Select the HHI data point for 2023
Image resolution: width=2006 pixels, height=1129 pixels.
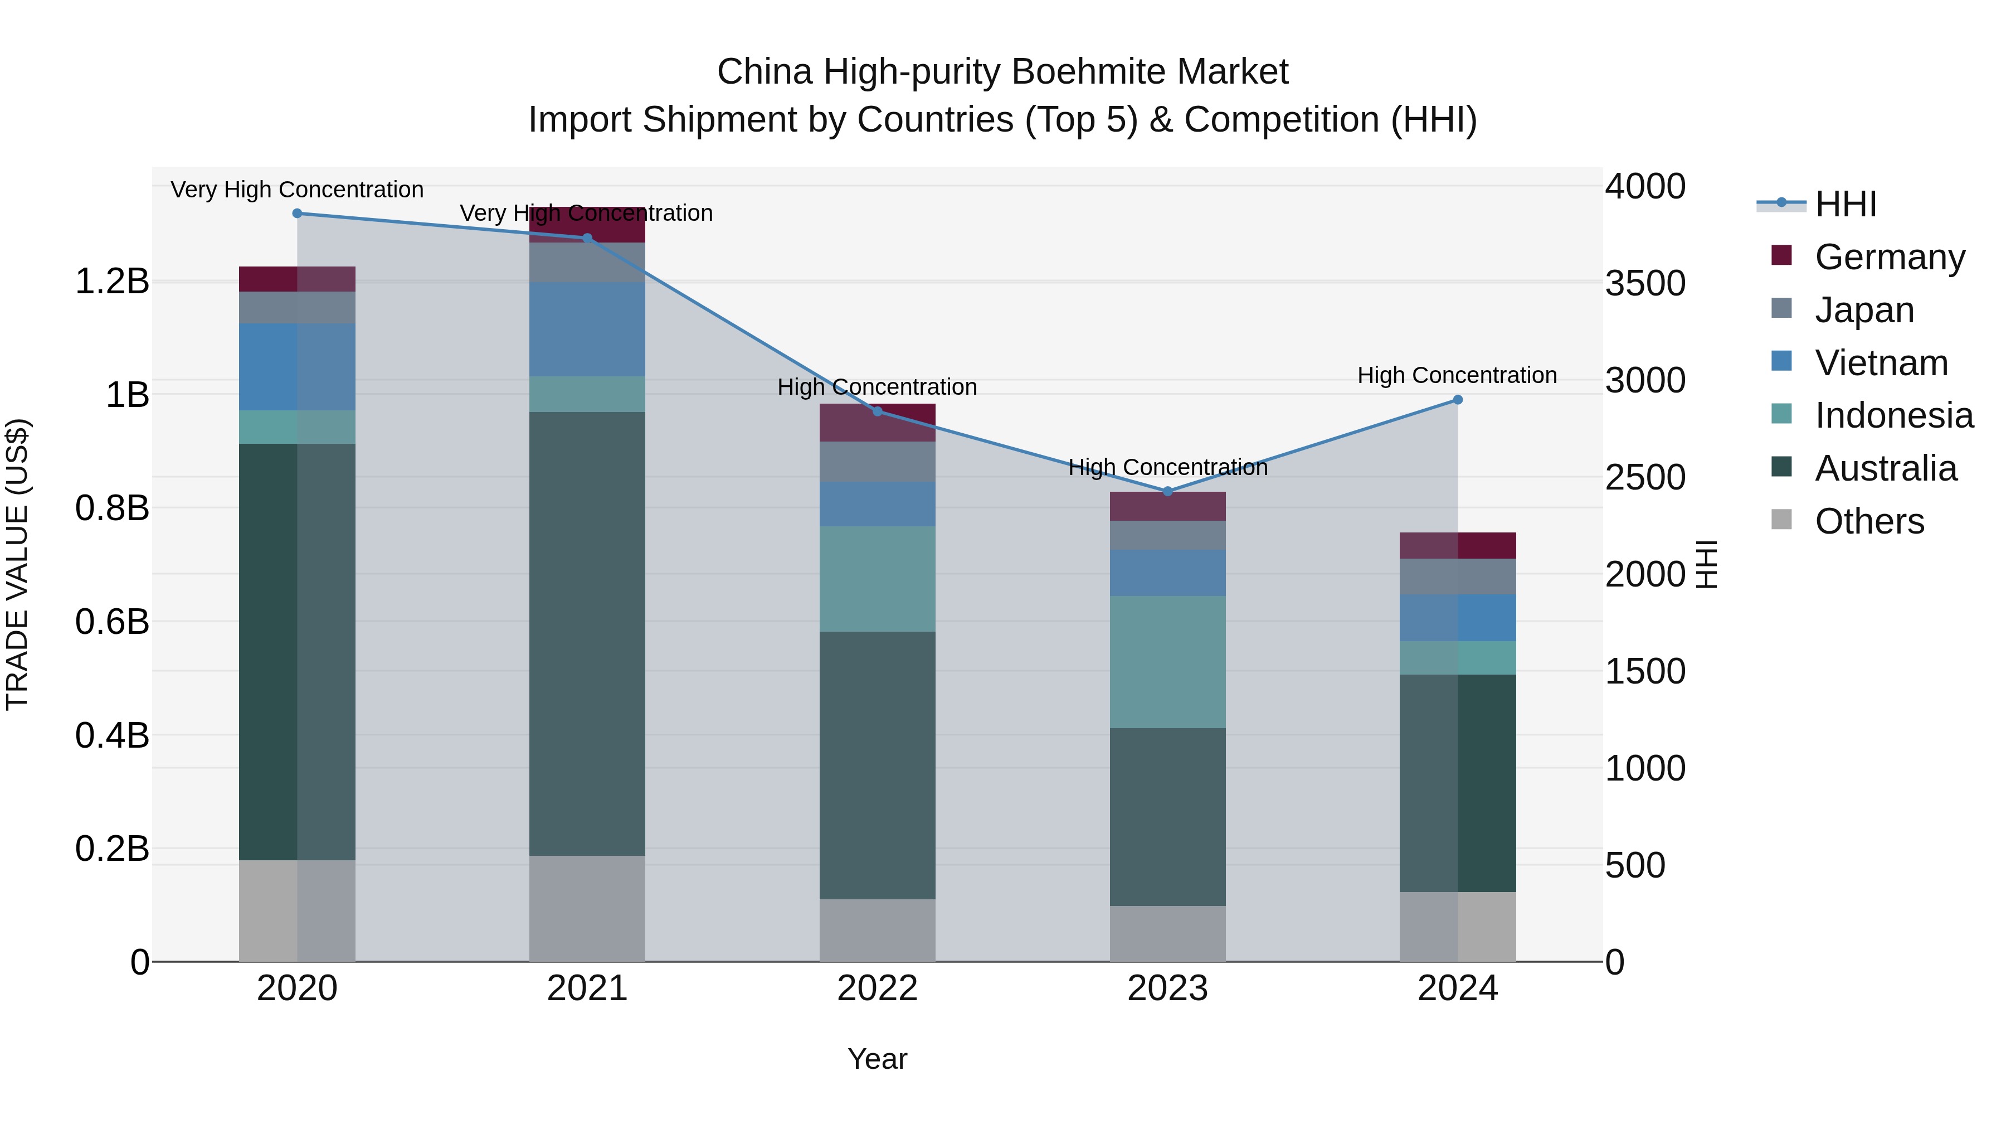1167,492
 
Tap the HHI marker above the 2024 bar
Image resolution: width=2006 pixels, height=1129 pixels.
1458,400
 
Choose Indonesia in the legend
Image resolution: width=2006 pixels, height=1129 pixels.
1894,415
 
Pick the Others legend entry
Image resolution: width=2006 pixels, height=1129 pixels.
1869,521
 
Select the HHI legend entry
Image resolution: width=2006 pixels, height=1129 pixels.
1845,204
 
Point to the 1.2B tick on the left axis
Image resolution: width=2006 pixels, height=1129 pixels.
112,282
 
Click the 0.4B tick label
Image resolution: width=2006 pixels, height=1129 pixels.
112,735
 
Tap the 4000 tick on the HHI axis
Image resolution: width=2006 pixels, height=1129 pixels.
1645,187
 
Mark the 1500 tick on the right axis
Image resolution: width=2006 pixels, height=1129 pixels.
1645,672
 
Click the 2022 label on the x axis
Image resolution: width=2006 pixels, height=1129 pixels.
878,989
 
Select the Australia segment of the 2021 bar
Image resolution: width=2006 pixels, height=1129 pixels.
587,633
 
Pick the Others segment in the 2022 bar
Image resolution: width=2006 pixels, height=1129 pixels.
878,931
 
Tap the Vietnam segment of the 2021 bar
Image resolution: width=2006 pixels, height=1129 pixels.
587,329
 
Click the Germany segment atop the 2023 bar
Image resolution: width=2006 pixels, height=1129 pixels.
1167,506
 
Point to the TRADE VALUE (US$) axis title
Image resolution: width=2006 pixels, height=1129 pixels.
18,564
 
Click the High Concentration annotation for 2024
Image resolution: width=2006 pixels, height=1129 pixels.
1457,376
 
